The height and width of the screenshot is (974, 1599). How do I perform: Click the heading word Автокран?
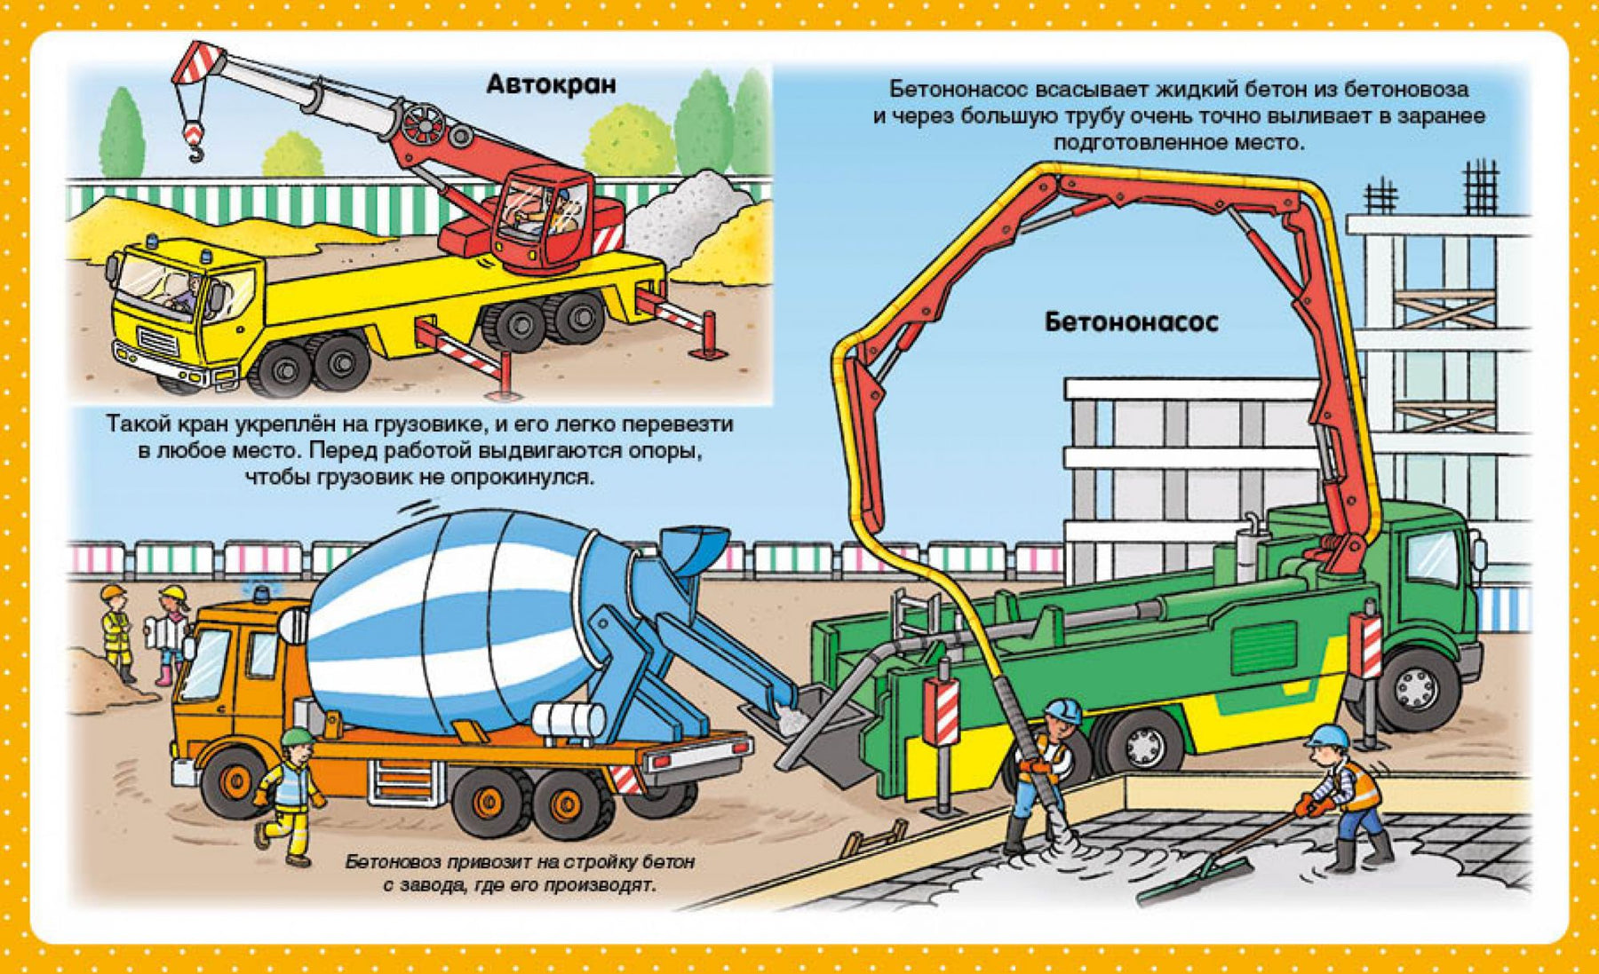tap(551, 85)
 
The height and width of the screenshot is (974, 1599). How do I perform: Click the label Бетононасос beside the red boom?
tap(1131, 321)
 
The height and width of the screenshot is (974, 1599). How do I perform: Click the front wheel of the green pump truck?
tap(1415, 687)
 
